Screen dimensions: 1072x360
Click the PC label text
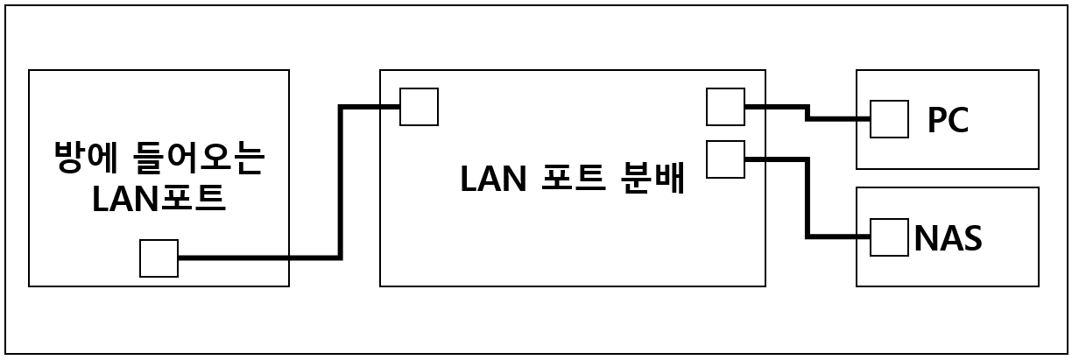948,120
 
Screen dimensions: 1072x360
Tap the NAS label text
948,238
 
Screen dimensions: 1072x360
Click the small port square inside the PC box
889,119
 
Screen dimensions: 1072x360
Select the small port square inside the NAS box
889,237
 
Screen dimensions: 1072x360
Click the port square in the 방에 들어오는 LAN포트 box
159,258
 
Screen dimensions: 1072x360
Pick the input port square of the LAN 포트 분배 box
419,107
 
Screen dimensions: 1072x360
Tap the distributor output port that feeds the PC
725,107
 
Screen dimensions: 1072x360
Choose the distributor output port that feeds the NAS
725,159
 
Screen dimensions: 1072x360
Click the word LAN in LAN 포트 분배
492,179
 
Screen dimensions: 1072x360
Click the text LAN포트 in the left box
159,199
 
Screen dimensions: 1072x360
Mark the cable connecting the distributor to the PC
807,113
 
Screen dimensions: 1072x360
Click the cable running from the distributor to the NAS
807,201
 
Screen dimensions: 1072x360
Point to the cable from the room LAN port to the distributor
340,184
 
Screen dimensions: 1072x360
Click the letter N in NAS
926,238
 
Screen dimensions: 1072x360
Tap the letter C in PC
958,120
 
